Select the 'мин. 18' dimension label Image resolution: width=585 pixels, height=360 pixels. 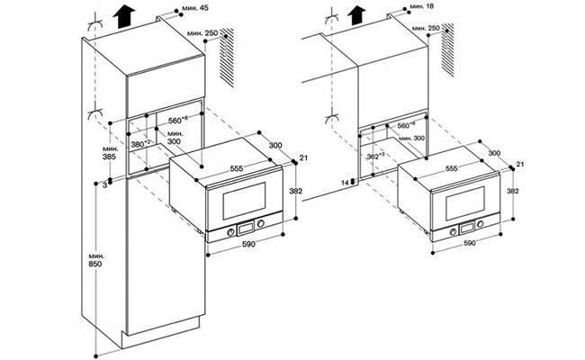[422, 6]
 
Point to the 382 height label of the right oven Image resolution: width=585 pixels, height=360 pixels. [514, 192]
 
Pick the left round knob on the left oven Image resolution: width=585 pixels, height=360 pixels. [231, 229]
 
